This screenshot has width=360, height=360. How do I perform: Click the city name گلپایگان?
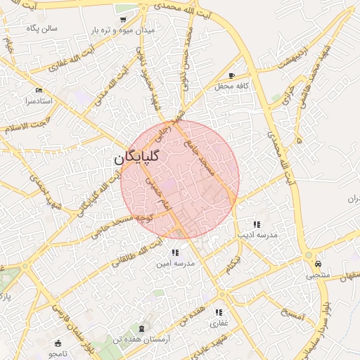[x=136, y=158]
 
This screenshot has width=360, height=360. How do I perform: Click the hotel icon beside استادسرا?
[x=39, y=91]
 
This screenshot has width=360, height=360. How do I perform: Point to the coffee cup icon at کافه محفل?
[x=232, y=75]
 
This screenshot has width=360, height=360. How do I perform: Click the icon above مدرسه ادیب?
[x=257, y=224]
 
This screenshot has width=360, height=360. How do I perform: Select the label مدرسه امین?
[x=174, y=263]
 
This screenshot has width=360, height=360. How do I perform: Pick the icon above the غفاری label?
[x=219, y=312]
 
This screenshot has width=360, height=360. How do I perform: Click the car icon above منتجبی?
[x=319, y=264]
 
